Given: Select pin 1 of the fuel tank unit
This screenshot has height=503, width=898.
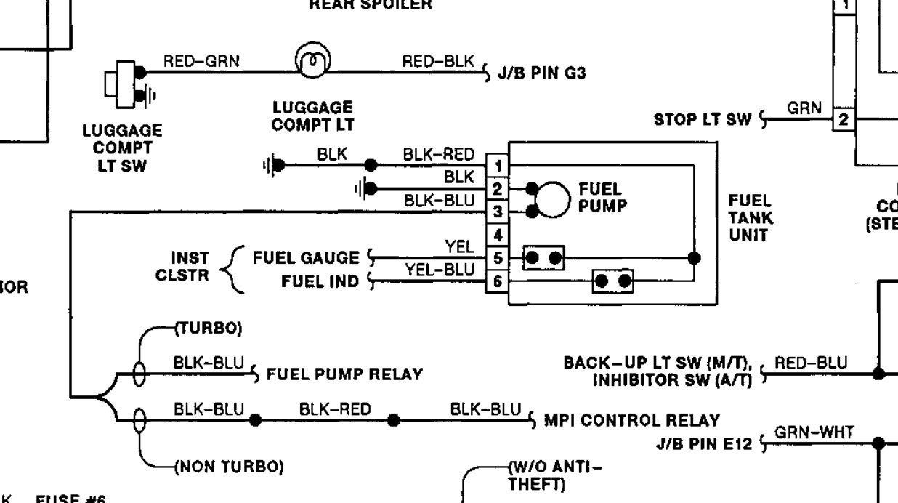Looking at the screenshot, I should pos(498,166).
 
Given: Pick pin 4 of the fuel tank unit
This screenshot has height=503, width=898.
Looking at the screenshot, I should pos(498,235).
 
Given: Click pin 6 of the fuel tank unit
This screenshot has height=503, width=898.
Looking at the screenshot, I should pos(498,281).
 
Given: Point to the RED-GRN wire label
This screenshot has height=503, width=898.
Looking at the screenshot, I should pos(201,62).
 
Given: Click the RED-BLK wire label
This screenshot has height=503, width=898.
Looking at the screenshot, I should pos(438,62).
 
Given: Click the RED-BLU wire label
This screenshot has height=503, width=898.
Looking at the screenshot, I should pos(811,363).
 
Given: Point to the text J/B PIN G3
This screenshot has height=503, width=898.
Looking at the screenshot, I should pos(542,73).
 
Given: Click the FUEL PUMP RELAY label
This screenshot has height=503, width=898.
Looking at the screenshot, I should pos(344,375).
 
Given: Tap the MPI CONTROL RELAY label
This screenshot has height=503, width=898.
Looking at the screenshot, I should pos(632,420).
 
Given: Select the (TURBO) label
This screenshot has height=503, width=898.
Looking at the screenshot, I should pos(207,329).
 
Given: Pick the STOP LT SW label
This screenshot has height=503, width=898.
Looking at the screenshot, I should pos(702,119).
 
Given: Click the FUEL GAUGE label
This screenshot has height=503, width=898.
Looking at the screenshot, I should pos(306,257).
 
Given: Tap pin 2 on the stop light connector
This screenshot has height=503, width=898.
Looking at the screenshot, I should pos(844,119).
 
